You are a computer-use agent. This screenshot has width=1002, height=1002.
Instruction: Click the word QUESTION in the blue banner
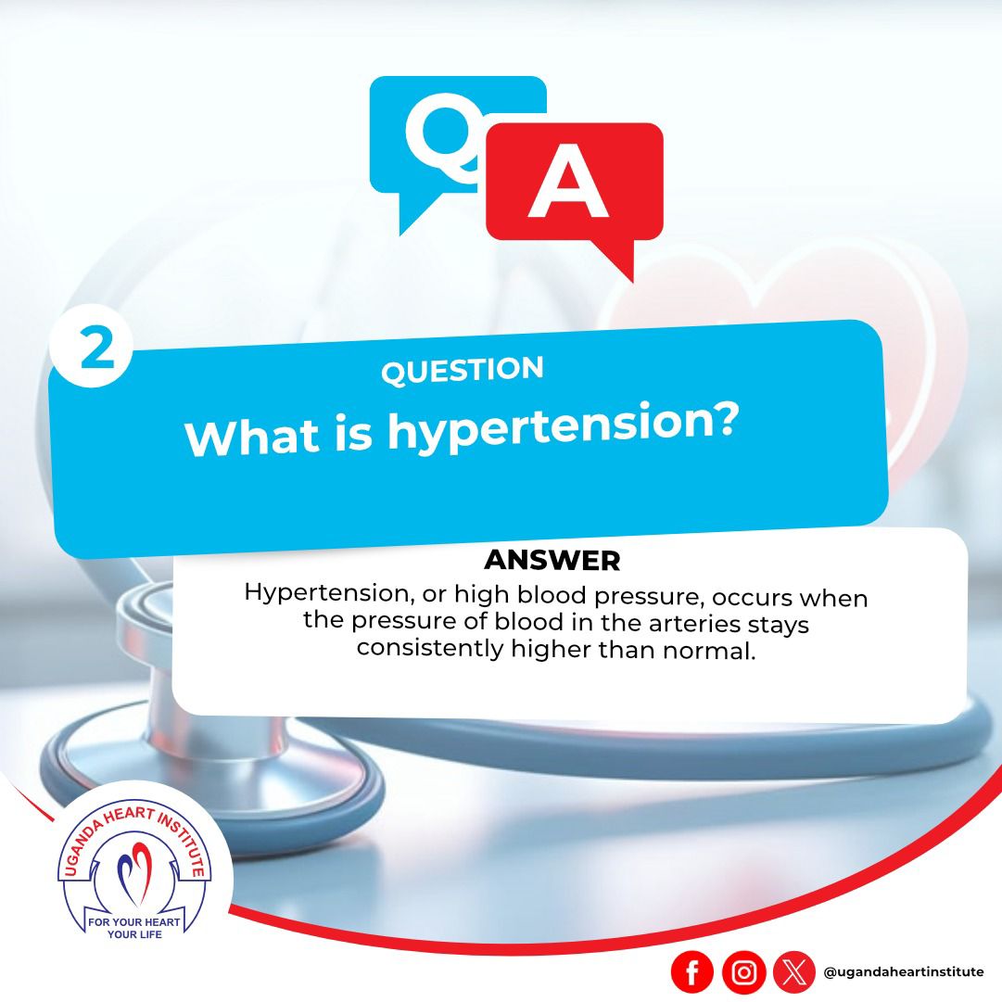(462, 370)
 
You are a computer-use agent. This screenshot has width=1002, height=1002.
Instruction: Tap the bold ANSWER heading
(552, 561)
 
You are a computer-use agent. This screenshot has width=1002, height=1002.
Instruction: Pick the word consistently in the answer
(430, 649)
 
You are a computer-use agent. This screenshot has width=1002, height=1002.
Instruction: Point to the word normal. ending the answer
(709, 652)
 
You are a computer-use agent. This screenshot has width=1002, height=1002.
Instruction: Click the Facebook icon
(692, 972)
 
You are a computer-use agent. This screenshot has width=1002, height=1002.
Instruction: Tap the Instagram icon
(743, 972)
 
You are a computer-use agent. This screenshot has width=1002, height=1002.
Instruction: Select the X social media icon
(794, 972)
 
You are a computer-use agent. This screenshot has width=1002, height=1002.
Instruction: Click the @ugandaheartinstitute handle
(904, 972)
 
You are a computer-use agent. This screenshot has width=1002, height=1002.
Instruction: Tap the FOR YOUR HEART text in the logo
(134, 922)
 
